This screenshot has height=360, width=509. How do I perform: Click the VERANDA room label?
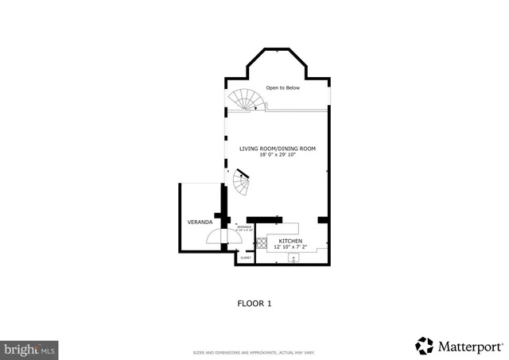199,221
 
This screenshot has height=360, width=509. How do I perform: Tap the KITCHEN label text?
289,240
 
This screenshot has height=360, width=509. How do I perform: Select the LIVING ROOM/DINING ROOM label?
278,149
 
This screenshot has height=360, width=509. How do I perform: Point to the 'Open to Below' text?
282,87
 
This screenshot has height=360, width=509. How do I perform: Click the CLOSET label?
246,257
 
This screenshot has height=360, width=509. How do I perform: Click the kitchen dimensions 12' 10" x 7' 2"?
289,246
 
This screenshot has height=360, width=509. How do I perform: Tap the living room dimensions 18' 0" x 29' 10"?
278,155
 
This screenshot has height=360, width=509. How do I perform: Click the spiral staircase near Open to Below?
245,100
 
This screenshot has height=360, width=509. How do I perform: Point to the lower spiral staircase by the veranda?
243,184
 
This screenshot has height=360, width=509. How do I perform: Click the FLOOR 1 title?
254,303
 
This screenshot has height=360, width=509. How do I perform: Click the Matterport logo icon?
425,345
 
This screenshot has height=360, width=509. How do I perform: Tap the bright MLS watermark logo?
30,348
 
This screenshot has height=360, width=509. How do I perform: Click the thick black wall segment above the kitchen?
265,219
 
